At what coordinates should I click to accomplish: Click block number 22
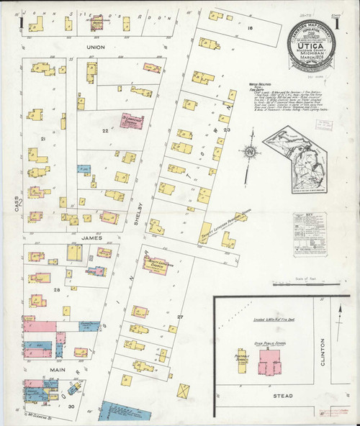pos(106,130)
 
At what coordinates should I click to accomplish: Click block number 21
pos(43,138)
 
